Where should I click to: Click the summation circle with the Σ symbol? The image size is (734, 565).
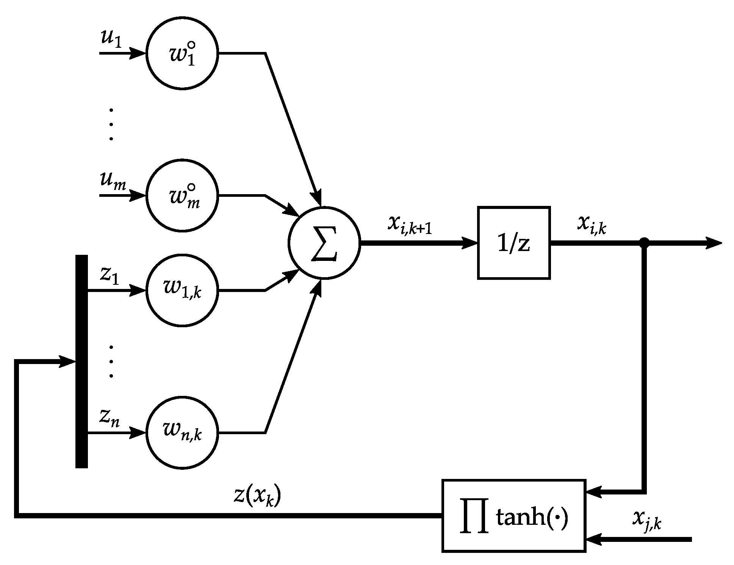click(324, 243)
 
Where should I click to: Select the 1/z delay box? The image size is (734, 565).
click(513, 243)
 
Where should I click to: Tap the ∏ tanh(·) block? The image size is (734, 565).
click(513, 516)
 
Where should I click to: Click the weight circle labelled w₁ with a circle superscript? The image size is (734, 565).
click(182, 53)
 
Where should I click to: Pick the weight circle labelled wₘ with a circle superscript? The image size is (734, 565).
click(182, 196)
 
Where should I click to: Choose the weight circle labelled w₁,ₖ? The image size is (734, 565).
click(182, 290)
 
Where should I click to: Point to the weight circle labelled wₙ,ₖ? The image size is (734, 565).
click(182, 432)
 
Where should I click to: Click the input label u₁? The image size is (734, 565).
click(111, 39)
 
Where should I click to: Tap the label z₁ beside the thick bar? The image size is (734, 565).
click(110, 276)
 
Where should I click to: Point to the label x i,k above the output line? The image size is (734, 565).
click(592, 224)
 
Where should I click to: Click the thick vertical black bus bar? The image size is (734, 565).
click(81, 361)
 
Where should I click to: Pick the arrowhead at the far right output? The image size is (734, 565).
click(714, 243)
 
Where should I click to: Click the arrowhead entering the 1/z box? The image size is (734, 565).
click(470, 243)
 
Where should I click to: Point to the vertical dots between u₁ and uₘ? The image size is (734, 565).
click(111, 124)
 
